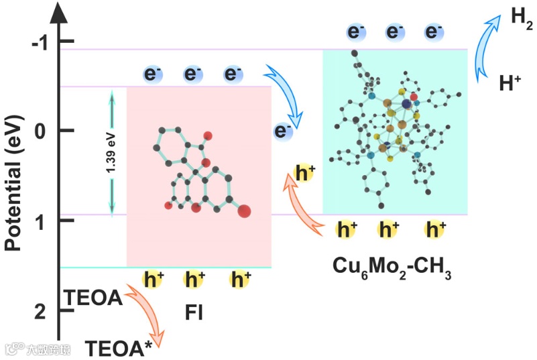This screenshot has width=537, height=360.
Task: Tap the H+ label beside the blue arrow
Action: (510, 83)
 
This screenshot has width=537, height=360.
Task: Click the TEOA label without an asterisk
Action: (93, 297)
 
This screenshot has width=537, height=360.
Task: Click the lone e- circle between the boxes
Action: (284, 131)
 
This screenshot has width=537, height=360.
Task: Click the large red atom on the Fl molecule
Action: (244, 212)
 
